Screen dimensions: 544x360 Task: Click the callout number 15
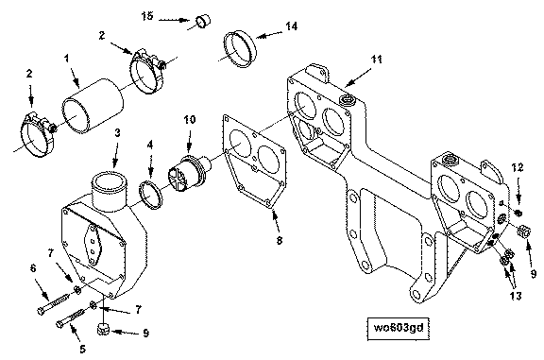pyautogui.click(x=147, y=16)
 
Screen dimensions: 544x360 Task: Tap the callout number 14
pyautogui.click(x=292, y=26)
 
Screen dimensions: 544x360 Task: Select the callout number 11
pyautogui.click(x=377, y=60)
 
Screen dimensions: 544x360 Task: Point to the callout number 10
pyautogui.click(x=190, y=120)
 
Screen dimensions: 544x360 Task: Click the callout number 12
pyautogui.click(x=518, y=167)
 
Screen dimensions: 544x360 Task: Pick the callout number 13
pyautogui.click(x=516, y=296)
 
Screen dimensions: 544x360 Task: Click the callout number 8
pyautogui.click(x=280, y=240)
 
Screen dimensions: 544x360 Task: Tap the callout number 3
pyautogui.click(x=118, y=132)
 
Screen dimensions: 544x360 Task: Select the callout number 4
pyautogui.click(x=150, y=145)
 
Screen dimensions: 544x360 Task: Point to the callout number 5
pyautogui.click(x=82, y=349)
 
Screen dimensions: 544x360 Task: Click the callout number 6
pyautogui.click(x=33, y=268)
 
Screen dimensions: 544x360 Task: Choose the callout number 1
pyautogui.click(x=67, y=59)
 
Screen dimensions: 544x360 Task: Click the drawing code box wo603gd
pyautogui.click(x=399, y=328)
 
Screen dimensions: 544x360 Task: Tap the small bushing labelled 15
pyautogui.click(x=204, y=21)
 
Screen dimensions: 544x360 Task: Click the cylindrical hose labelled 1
pyautogui.click(x=93, y=106)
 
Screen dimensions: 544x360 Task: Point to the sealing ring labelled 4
pyautogui.click(x=150, y=195)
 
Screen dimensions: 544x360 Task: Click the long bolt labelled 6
pyautogui.click(x=55, y=303)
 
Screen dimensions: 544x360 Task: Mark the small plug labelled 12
pyautogui.click(x=518, y=213)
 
